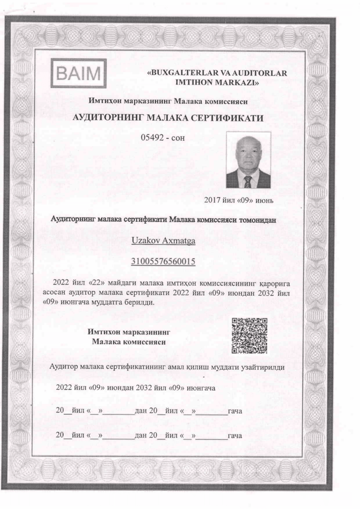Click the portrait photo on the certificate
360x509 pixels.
(x=248, y=160)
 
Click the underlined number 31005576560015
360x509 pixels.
(x=163, y=262)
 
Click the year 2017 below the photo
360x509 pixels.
(x=212, y=200)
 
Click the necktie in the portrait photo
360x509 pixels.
(x=247, y=180)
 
